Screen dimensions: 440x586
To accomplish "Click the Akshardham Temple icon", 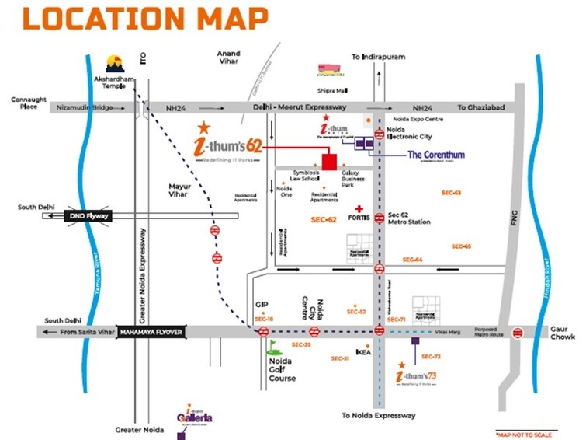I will pyautogui.click(x=114, y=63).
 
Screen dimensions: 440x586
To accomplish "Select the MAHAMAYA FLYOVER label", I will pyautogui.click(x=151, y=332).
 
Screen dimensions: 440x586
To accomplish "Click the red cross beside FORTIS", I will pyautogui.click(x=359, y=209).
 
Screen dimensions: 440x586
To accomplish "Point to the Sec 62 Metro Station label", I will pyautogui.click(x=409, y=218).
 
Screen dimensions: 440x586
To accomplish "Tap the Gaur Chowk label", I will pyautogui.click(x=563, y=333).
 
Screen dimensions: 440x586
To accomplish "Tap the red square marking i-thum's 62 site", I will pyautogui.click(x=328, y=162).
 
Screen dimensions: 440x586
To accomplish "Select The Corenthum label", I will pyautogui.click(x=436, y=155).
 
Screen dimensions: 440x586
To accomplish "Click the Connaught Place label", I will pyautogui.click(x=29, y=103).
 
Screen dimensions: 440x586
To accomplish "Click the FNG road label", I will pyautogui.click(x=513, y=220).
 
